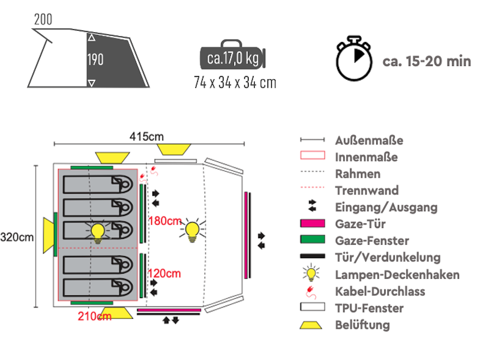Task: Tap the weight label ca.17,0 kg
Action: tap(233, 59)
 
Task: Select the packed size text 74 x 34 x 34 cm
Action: tap(235, 82)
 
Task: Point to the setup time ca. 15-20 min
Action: tap(427, 61)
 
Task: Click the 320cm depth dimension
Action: tap(17, 237)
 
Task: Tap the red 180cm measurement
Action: tap(165, 221)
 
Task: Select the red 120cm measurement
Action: tap(165, 274)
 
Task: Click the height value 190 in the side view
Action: tap(95, 60)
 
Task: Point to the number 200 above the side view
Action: tap(43, 19)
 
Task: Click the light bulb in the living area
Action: tap(192, 230)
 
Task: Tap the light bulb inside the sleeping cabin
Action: tap(97, 230)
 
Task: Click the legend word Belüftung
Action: tap(362, 325)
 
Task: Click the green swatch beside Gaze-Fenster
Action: tap(312, 241)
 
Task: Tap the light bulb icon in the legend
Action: tap(311, 274)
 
